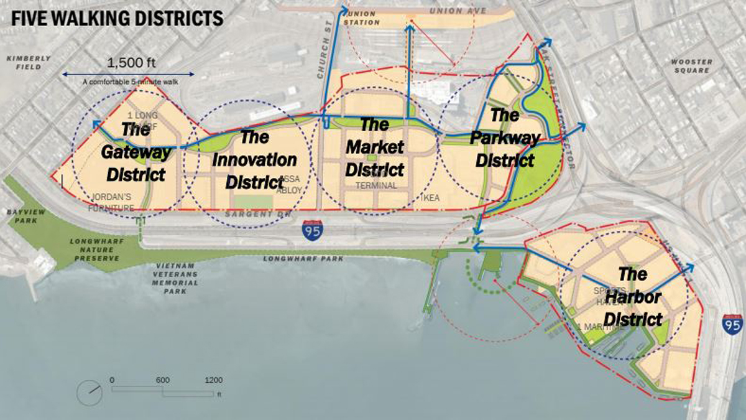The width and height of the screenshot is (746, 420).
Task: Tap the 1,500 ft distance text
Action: click(x=129, y=63)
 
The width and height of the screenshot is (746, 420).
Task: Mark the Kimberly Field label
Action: click(x=29, y=62)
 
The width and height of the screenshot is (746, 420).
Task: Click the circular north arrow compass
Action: click(x=90, y=393)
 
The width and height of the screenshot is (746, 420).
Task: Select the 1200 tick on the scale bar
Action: click(x=213, y=380)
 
